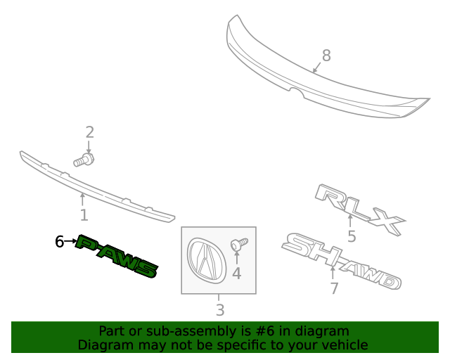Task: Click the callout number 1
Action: tap(84, 215)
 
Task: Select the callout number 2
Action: tap(89, 131)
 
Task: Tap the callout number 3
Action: tap(219, 309)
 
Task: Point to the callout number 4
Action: tap(236, 273)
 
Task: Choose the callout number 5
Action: tap(351, 236)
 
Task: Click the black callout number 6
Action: tap(60, 242)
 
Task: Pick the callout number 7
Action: tap(334, 288)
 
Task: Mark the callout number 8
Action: tap(326, 56)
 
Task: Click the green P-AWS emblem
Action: tap(117, 257)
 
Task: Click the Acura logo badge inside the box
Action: tap(204, 259)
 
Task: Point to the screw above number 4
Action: tap(239, 244)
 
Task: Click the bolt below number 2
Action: tap(84, 160)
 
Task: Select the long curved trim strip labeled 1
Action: tap(98, 186)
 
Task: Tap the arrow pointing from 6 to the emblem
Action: tap(71, 242)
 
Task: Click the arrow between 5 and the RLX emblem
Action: tap(350, 224)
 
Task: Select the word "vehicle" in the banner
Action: tap(344, 345)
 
